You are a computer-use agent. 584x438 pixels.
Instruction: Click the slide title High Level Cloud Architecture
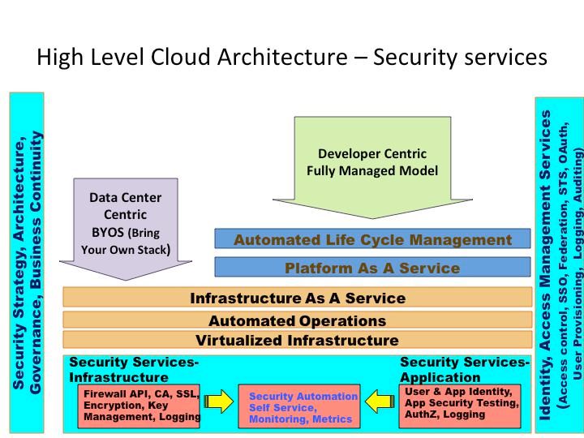tap(292, 58)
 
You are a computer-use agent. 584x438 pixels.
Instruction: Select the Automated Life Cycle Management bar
tap(372, 239)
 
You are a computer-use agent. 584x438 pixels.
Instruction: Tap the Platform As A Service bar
tap(372, 268)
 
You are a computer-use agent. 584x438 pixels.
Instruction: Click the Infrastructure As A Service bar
tap(297, 298)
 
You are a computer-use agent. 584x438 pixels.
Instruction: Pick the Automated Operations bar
tap(297, 320)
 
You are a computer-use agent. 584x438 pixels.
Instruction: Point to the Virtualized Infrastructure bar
tap(297, 340)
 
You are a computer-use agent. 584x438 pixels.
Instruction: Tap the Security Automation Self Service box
tap(303, 407)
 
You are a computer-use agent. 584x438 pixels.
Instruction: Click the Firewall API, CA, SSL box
tap(140, 406)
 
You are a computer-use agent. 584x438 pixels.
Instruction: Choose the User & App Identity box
tap(461, 403)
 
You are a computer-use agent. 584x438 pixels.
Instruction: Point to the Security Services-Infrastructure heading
tap(134, 370)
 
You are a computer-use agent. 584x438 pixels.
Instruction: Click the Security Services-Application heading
tap(464, 370)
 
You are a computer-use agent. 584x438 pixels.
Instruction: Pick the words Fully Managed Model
tap(372, 171)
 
